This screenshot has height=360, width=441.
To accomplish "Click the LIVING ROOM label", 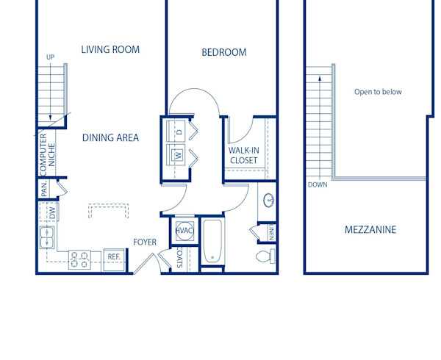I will [110, 50].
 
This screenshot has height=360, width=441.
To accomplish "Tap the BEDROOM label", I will [224, 52].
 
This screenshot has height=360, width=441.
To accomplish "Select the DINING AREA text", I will [110, 137].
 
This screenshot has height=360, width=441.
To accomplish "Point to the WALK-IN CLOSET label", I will [243, 156].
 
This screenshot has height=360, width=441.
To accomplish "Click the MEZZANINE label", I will [370, 230].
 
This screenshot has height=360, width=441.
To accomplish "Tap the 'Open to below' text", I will [378, 92].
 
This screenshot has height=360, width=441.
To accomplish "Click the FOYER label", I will [146, 242].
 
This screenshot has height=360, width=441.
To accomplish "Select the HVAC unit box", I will [183, 230].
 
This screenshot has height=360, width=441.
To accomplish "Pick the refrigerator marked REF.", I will [114, 257].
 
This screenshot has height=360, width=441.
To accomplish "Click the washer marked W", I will [178, 155].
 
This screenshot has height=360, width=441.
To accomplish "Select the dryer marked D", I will [178, 132].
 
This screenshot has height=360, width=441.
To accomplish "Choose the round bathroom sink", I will [268, 199].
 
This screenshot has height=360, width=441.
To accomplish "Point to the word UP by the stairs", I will [51, 57].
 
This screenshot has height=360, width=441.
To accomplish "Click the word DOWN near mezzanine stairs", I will [318, 184].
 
